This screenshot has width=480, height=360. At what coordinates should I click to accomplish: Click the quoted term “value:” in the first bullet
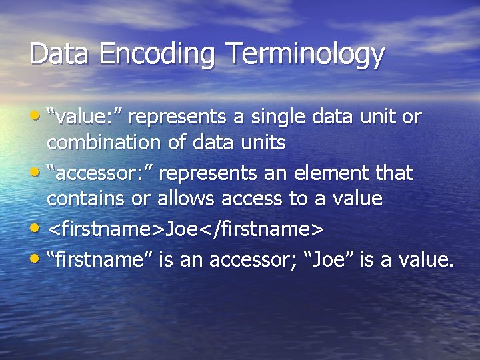point(84,117)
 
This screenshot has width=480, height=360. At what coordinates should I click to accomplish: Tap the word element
point(337,173)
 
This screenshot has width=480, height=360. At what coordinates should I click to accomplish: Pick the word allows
point(187,198)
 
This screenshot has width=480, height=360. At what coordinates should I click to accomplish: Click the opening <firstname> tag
point(106,229)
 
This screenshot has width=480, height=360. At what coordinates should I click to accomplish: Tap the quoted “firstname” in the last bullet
point(101,260)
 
